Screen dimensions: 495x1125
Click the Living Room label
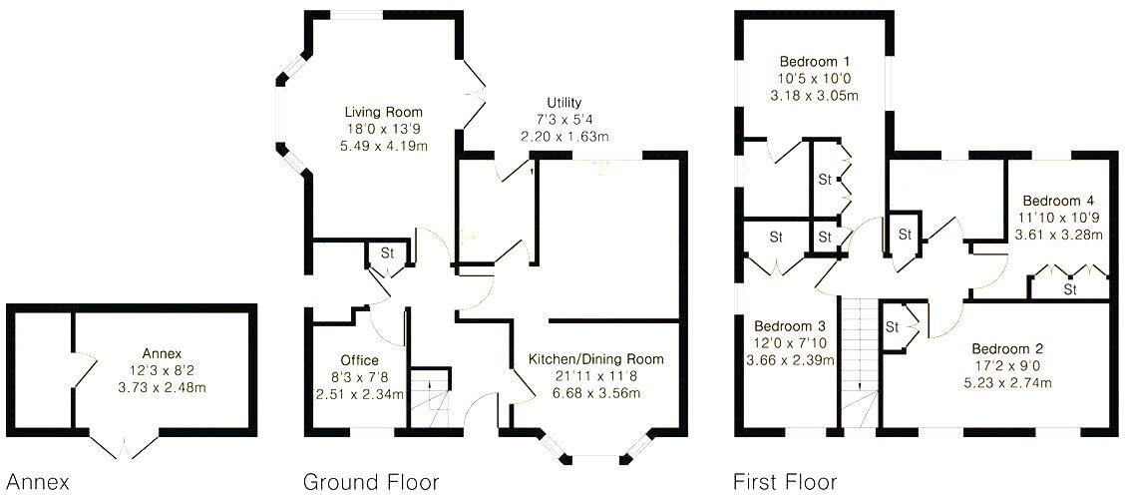coord(384,112)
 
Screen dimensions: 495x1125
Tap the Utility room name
coord(563,103)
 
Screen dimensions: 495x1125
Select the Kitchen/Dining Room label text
coord(595,359)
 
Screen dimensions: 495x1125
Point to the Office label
coord(358,360)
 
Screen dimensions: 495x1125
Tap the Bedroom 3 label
coord(789,326)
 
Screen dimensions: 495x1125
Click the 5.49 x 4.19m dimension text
coord(384,145)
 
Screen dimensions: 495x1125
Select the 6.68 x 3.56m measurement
coord(595,392)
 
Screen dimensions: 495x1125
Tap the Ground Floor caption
coord(371,483)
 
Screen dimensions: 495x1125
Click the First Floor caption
coord(785,483)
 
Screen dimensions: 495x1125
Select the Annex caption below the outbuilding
coord(38,483)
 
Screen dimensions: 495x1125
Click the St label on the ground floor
coord(387,253)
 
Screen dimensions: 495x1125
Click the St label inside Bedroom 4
coord(1070,289)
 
